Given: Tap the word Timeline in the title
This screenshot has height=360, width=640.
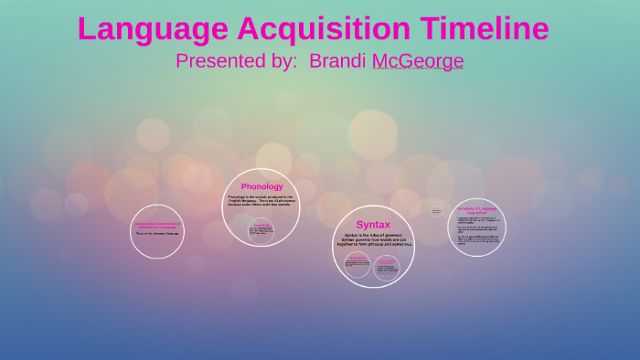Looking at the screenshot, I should pos(485,29).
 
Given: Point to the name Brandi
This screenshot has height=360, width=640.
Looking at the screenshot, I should pos(337,61).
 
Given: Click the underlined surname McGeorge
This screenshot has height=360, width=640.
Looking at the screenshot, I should pos(418,61).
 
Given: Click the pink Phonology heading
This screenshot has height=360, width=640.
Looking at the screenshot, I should pos(261,186).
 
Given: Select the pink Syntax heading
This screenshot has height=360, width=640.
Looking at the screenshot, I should pos(373,224).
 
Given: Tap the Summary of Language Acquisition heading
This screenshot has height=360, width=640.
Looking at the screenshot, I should pos(476,209).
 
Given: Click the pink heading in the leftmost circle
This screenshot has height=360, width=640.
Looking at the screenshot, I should pos(157,225).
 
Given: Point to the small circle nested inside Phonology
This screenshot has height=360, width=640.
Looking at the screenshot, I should pos(261,231).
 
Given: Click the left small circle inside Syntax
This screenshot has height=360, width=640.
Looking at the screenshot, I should pos(357,265).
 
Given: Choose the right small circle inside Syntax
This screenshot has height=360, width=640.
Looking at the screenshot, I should pos(387,266).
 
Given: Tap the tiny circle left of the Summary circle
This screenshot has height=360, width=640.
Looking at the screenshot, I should pos(436,211).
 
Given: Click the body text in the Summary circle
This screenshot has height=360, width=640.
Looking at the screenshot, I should pos(476,232).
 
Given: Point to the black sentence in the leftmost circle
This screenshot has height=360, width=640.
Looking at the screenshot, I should pos(157,234).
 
